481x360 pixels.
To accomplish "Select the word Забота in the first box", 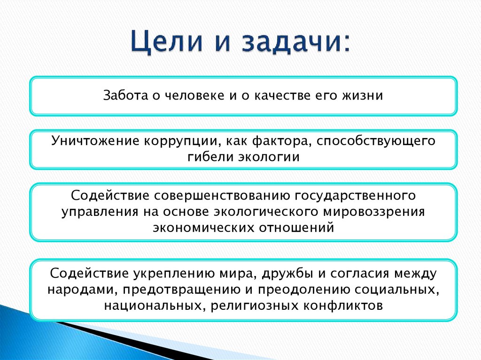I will (x=125, y=96).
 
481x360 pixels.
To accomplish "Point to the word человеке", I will (x=192, y=96).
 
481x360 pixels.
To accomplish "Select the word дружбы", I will (x=320, y=273).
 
